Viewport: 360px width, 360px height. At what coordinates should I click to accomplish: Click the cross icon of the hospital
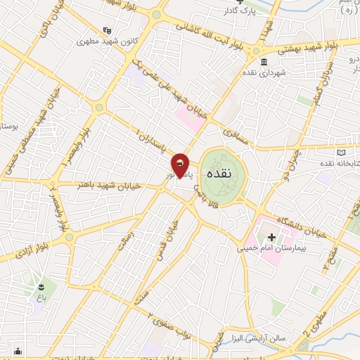pos(272,236)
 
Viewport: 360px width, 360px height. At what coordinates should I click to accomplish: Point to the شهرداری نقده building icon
pos(263,63)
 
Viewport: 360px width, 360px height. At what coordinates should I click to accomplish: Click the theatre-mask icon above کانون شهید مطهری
pos(107,30)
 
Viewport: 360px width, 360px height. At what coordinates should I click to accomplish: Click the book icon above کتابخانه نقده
pos(342,153)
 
